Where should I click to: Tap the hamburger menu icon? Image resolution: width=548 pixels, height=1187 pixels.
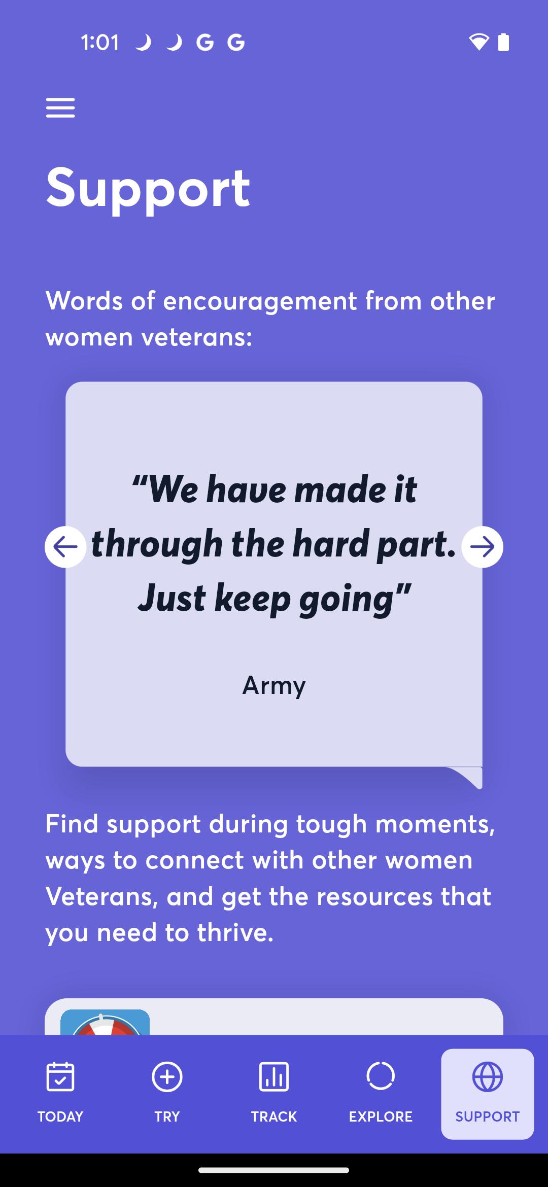[x=60, y=108]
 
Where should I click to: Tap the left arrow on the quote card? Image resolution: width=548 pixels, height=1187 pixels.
[x=65, y=547]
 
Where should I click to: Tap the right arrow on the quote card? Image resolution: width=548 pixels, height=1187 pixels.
[x=482, y=547]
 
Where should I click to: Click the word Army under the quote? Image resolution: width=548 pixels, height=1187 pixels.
[x=274, y=686]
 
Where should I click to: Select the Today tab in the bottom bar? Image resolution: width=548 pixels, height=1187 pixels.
[x=60, y=1094]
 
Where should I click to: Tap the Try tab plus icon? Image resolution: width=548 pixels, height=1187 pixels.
[x=167, y=1076]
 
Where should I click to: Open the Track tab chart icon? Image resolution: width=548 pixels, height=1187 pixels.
[x=274, y=1076]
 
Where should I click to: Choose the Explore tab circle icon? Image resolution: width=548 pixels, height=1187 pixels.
[x=381, y=1076]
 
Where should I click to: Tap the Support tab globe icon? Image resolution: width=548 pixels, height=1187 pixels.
[x=488, y=1076]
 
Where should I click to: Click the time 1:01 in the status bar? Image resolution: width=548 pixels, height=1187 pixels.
[x=100, y=43]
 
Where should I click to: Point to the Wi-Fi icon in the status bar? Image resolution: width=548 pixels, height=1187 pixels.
[x=478, y=42]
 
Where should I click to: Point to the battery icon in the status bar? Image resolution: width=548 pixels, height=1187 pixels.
[x=503, y=42]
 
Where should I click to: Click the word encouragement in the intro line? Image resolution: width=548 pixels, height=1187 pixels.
[x=260, y=301]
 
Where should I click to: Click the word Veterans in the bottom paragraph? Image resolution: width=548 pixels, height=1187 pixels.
[x=101, y=896]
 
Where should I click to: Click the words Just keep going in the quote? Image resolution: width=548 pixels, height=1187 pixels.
[x=274, y=599]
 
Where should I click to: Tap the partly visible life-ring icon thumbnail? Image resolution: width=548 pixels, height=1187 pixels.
[x=105, y=1022]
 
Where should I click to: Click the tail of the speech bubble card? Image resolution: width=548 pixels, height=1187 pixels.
[x=467, y=777]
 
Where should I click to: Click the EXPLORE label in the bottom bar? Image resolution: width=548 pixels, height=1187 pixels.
[x=381, y=1116]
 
